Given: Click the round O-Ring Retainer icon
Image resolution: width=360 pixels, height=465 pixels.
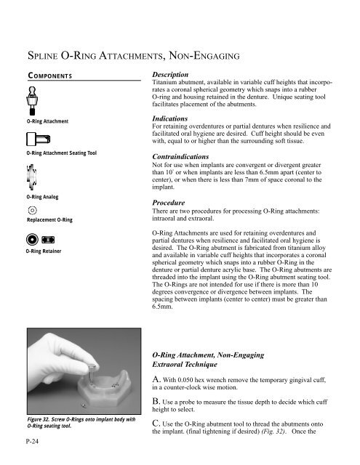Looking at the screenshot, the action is pos(33,239).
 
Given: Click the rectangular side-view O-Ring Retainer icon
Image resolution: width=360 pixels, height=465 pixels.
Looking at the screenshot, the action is pos(49,239).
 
